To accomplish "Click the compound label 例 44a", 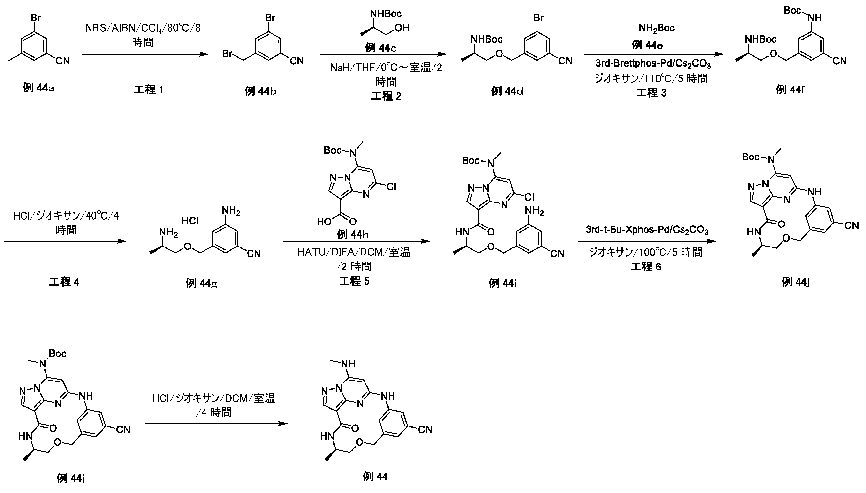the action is click(x=38, y=88).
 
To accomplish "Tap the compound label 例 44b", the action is click(x=260, y=91).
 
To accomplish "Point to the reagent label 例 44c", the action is click(x=380, y=48).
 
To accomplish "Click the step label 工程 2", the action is click(x=386, y=96).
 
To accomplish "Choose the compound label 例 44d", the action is click(x=507, y=91).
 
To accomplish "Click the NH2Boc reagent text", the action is click(x=657, y=28).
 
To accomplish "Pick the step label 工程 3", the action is click(x=651, y=93).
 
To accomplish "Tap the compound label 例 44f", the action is click(x=790, y=90).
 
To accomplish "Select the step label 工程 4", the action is click(x=64, y=282).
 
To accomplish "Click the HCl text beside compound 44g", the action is click(x=190, y=221).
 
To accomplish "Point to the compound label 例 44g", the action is click(x=201, y=283).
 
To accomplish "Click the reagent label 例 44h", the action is click(x=353, y=234).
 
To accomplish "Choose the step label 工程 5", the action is click(x=354, y=281).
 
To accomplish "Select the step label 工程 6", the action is click(x=646, y=267).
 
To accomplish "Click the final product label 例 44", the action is click(x=375, y=476).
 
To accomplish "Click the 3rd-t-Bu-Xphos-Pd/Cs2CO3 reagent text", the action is click(x=647, y=230).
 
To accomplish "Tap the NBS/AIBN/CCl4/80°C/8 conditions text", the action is click(x=143, y=28).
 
